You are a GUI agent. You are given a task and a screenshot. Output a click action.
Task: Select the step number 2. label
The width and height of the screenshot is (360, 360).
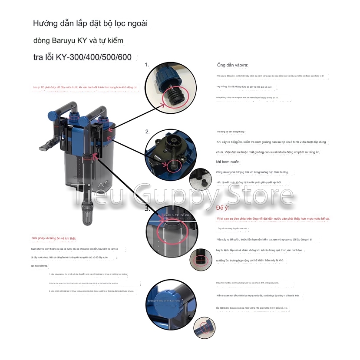pos(147,132)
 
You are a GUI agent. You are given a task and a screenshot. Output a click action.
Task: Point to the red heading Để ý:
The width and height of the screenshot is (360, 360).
pos(224,208)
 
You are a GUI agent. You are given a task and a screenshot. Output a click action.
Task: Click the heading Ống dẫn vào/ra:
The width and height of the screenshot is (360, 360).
pos(232,65)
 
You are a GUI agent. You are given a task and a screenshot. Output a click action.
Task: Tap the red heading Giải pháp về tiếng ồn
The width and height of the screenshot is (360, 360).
pos(53,238)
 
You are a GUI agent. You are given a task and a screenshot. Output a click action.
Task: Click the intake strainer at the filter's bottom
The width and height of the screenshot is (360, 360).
pos(83,212)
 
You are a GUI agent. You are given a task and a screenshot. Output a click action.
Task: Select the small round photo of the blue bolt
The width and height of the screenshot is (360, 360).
pos(205,328)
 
